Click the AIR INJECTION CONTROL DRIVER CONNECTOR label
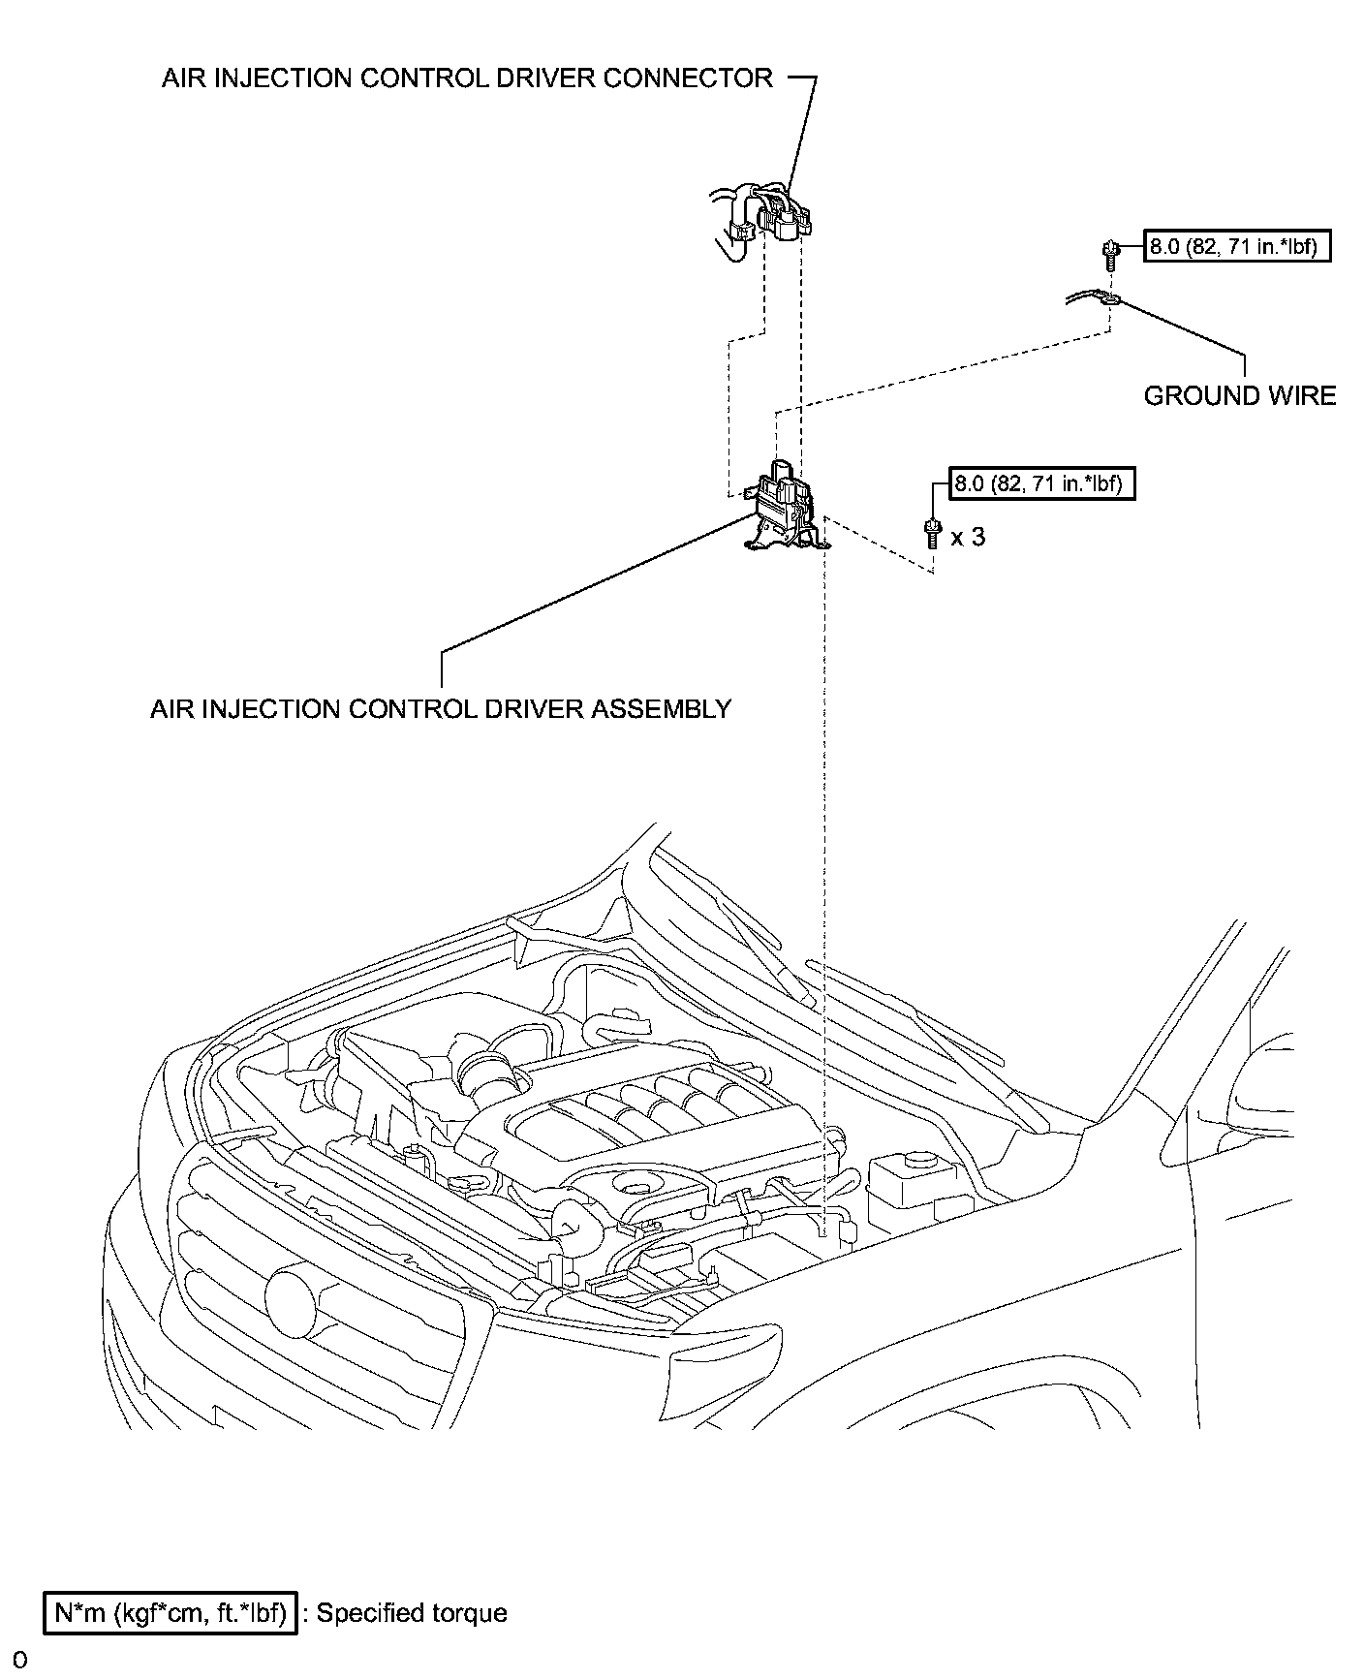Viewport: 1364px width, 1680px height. point(467,78)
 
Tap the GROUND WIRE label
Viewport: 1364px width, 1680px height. point(1239,395)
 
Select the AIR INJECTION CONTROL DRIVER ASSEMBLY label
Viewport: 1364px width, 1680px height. point(441,708)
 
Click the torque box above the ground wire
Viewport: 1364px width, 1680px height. point(1237,247)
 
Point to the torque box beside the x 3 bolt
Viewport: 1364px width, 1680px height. point(1041,482)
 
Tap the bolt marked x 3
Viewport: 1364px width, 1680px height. point(933,534)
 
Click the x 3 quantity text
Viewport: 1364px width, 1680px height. point(968,536)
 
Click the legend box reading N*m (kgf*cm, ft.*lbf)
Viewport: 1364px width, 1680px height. point(170,1613)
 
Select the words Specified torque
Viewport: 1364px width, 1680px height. point(412,1613)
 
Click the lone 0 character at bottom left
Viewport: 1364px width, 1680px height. point(20,1661)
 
